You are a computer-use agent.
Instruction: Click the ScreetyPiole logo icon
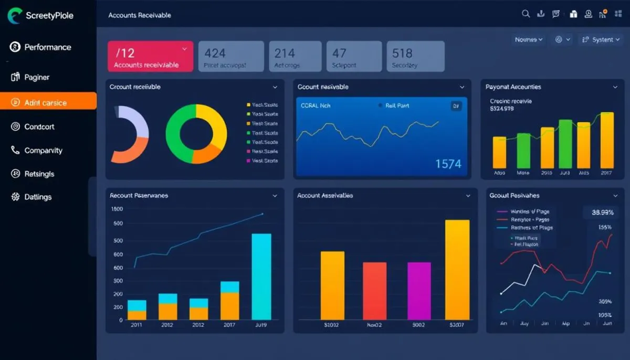coord(15,16)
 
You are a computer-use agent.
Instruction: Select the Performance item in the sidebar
coord(47,47)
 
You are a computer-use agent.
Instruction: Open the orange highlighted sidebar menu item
coord(48,102)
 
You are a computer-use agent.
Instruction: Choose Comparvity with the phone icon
coord(43,151)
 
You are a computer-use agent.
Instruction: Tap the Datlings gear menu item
coord(38,197)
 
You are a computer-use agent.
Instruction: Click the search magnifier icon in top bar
coord(526,14)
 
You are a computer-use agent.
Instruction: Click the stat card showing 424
coord(231,57)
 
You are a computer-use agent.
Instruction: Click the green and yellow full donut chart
coord(196,133)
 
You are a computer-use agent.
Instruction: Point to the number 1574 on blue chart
coord(448,164)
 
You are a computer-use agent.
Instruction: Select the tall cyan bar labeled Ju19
coord(261,276)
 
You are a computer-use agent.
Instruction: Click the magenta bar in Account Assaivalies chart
coord(419,291)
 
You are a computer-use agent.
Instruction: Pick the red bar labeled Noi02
coord(374,291)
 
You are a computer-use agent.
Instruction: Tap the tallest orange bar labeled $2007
coord(457,270)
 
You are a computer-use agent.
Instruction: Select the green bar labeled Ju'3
coord(565,144)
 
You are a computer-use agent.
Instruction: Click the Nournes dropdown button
coord(529,40)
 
